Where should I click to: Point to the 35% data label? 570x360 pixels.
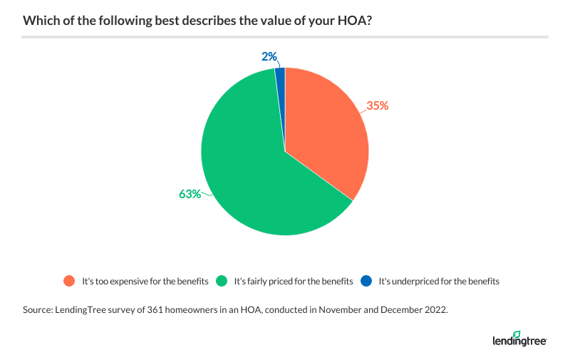tap(377, 106)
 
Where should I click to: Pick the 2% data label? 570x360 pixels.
tap(269, 56)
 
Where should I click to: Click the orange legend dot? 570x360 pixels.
tap(69, 281)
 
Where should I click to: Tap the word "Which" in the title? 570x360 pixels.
tap(39, 21)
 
